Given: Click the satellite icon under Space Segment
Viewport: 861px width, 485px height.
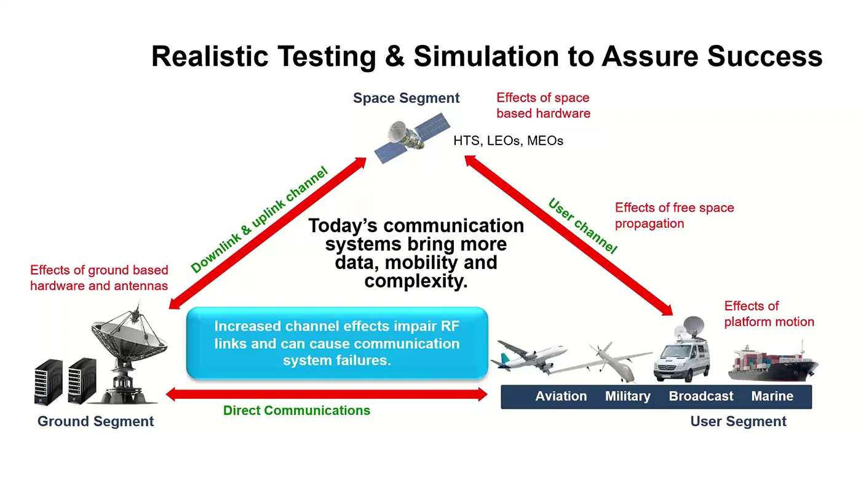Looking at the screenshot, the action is [412, 138].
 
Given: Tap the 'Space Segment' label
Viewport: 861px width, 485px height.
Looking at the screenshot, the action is [407, 98].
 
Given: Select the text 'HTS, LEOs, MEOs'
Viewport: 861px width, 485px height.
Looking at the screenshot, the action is [508, 141].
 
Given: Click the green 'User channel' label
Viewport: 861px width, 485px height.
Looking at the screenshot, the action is [582, 226].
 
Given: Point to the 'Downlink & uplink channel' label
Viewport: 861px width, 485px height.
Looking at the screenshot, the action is [260, 220].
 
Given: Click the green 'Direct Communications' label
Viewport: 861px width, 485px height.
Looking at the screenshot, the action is [296, 411].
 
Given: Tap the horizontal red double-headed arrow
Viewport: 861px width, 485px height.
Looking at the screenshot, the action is [327, 395].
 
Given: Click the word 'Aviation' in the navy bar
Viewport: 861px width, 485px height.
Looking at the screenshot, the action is [561, 396].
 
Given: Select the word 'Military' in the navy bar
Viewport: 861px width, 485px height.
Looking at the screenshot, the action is [628, 396].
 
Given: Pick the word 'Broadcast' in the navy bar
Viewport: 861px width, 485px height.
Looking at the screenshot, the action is [701, 396].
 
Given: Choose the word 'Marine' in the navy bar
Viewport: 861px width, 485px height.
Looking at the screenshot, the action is [772, 396].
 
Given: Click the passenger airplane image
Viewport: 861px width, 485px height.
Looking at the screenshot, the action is [528, 356].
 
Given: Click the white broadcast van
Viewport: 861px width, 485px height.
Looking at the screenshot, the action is [682, 350].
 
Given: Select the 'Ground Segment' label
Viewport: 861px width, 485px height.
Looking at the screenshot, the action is [96, 422].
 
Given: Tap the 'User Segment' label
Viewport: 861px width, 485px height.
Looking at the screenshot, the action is [739, 422].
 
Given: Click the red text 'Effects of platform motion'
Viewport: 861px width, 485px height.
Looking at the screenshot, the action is [769, 314].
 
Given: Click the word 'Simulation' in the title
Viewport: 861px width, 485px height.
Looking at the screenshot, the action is [486, 56].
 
